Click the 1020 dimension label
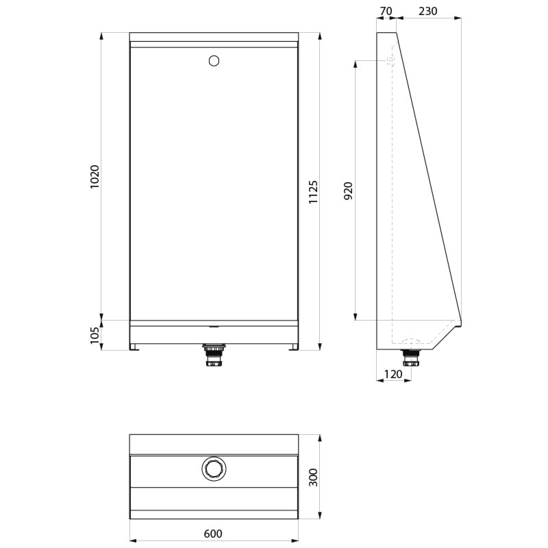[95, 177]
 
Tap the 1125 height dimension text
[313, 192]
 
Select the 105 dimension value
[95, 336]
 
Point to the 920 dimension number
[348, 191]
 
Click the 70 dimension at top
[386, 11]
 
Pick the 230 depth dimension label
[427, 11]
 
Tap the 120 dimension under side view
[393, 374]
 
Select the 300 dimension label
[313, 477]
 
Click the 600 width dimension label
[213, 534]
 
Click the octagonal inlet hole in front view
[214, 61]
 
